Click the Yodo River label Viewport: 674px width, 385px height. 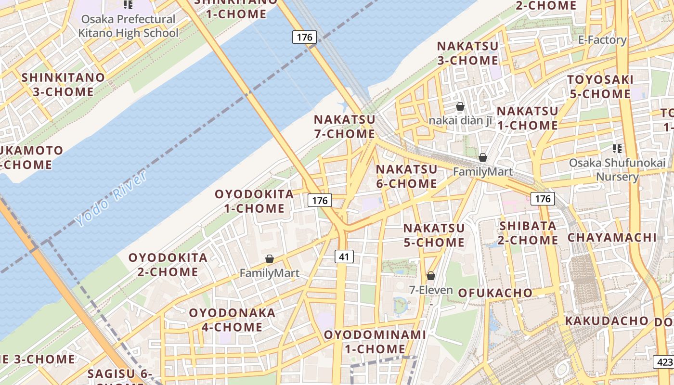[111, 198]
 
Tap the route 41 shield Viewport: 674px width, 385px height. [344, 257]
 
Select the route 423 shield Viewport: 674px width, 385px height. [663, 362]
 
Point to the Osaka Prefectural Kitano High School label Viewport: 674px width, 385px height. [128, 26]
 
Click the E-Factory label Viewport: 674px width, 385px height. [602, 40]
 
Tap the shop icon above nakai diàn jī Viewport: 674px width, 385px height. [460, 106]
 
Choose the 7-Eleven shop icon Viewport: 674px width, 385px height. [431, 276]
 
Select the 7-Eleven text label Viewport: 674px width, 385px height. [431, 290]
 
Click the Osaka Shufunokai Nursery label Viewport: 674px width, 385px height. [617, 169]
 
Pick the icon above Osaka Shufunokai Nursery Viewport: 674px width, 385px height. [617, 149]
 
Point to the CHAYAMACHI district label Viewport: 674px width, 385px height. [612, 237]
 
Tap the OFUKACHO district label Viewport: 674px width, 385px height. [495, 293]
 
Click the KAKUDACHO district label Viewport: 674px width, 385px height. [607, 321]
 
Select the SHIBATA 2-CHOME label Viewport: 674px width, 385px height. [528, 232]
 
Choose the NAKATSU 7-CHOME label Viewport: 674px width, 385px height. [344, 127]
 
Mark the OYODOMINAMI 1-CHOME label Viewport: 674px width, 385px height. [375, 341]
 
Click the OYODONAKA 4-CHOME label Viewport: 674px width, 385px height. [232, 320]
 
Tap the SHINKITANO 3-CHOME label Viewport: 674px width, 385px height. [63, 84]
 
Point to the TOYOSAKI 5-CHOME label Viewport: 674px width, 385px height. [600, 87]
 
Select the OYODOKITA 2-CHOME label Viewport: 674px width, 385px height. [168, 264]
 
